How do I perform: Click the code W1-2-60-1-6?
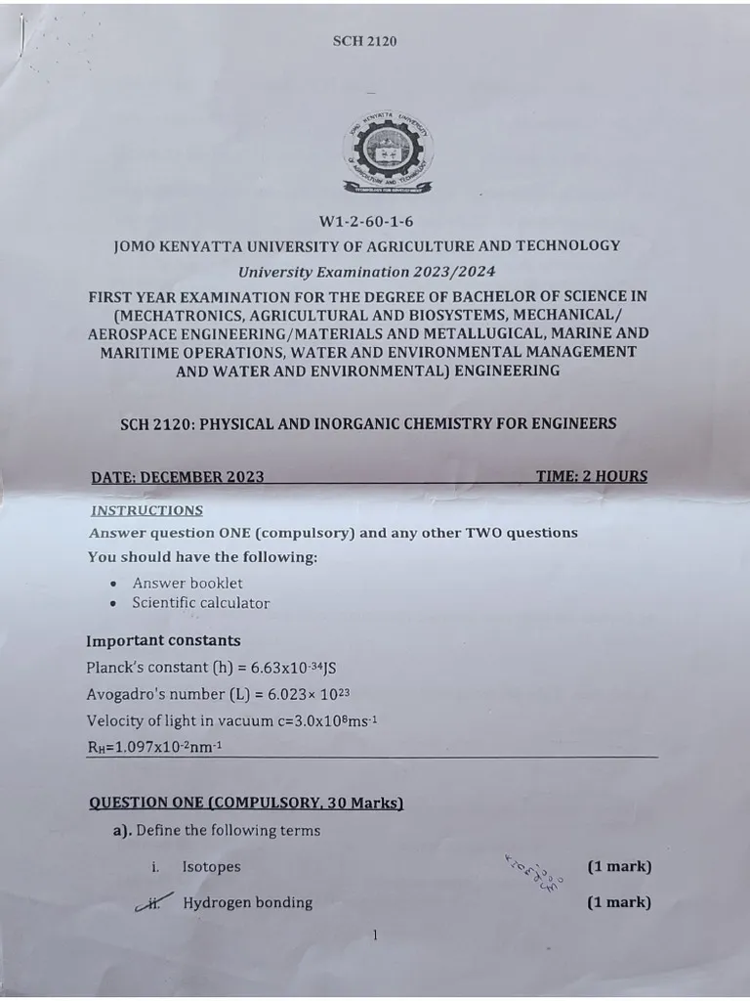coord(365,222)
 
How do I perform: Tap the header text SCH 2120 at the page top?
coord(364,41)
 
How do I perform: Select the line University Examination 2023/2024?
coord(367,271)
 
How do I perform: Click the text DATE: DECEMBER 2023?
coord(178,477)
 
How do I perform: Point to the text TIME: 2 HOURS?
coord(591,476)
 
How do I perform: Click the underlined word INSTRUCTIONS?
coord(146,510)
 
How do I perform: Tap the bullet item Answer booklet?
coord(187,583)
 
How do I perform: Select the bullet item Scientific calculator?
coord(200,603)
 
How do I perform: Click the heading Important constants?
coord(163,641)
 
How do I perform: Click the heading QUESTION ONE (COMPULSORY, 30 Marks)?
coord(246,803)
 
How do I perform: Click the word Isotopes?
coord(211,867)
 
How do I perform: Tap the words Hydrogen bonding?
coord(248,903)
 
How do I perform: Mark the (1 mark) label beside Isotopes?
coord(619,867)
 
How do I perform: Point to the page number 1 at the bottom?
coord(375,936)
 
